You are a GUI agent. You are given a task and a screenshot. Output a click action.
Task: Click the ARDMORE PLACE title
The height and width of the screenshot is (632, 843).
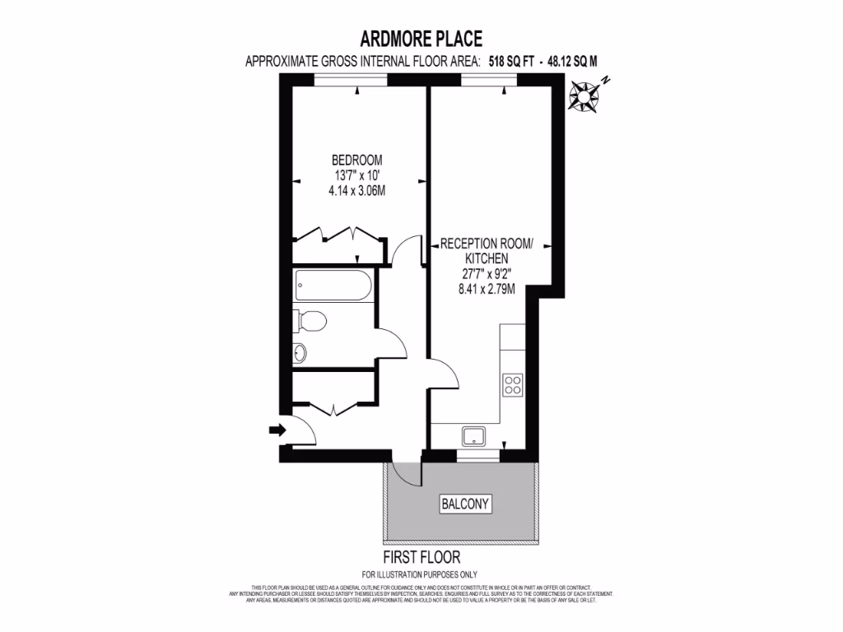point(421,38)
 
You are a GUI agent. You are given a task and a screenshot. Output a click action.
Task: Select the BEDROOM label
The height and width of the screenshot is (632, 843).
point(356,160)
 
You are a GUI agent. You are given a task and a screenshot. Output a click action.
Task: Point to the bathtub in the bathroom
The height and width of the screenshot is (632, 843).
point(332,286)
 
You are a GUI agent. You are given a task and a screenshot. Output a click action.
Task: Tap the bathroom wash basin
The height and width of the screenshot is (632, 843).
point(300,352)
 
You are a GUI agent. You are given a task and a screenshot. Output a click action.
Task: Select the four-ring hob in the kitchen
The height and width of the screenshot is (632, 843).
point(513,385)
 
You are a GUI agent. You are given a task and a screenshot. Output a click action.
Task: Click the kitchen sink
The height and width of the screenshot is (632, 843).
point(474,435)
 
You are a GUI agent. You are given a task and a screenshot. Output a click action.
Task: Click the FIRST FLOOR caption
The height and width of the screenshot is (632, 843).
point(420,558)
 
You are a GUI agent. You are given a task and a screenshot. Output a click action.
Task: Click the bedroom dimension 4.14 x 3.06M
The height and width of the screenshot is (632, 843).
point(356,190)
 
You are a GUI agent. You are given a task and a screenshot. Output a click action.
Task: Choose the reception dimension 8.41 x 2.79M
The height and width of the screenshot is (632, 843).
point(487,288)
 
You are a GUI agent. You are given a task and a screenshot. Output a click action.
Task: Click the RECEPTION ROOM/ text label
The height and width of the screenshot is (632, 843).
point(487,244)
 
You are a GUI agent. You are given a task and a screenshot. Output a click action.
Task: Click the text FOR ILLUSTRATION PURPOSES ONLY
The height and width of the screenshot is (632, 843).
point(420,574)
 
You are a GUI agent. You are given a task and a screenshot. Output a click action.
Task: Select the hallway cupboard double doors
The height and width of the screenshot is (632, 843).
point(333,407)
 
